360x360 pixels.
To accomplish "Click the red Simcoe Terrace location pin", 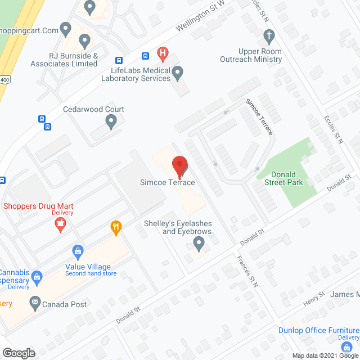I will coord(179,165).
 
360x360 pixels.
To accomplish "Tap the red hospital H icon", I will coord(163,55).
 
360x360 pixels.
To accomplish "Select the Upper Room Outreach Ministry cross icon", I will coord(269,37).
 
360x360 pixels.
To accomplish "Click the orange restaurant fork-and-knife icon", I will coord(116,227).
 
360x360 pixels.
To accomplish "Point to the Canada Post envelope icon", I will coord(35,304).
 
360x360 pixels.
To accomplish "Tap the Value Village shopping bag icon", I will coord(79,251).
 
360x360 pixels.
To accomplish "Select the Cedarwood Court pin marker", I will coord(111,120).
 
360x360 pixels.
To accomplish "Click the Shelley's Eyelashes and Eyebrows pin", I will coord(198,244).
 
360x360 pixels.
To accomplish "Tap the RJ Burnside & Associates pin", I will coord(85,40).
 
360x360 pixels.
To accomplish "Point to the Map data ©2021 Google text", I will coord(325,355).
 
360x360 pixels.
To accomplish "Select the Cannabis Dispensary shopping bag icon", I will coord(37,276).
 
